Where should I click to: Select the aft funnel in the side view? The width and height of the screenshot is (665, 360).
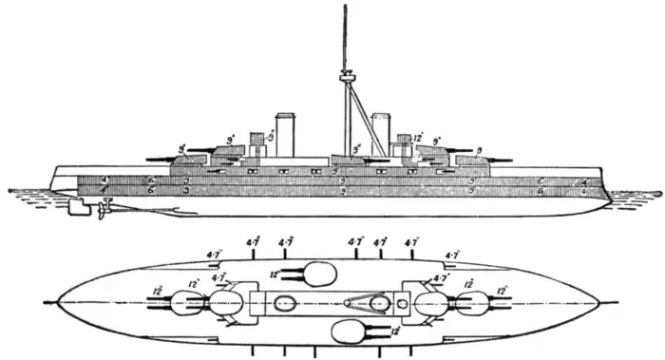tap(284, 133)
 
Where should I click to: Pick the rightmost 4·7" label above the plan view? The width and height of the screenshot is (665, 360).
tap(452, 255)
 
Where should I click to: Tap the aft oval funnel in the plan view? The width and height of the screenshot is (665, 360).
tap(284, 305)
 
